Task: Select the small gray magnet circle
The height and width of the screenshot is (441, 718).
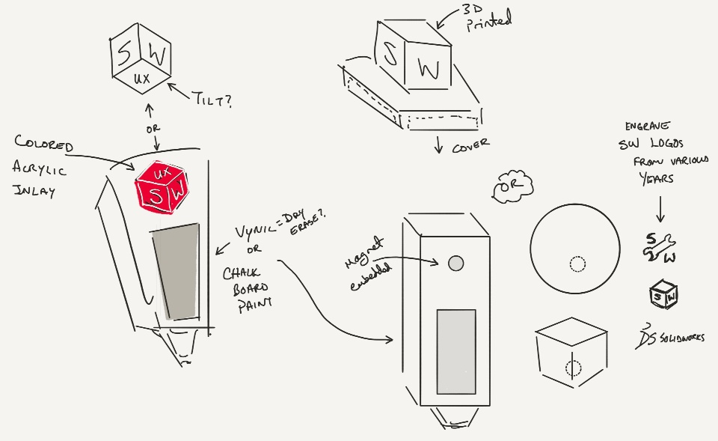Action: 455,263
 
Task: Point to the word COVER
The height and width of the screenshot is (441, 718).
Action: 470,146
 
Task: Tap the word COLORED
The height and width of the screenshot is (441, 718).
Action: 44,144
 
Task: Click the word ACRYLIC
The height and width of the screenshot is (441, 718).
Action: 40,169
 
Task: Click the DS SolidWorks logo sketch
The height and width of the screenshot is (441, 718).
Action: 669,337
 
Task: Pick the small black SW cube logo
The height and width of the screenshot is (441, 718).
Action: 663,295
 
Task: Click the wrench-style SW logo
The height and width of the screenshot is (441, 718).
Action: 659,248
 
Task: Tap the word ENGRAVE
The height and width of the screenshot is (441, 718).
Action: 649,126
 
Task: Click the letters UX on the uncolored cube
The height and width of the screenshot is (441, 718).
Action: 141,78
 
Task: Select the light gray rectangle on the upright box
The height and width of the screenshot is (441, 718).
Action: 455,351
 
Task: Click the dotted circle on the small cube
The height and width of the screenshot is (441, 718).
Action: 574,368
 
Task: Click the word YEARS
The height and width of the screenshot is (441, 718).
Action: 657,179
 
